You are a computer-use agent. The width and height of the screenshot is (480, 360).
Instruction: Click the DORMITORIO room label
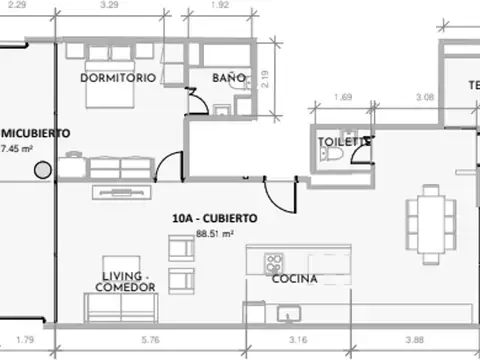point(118,77)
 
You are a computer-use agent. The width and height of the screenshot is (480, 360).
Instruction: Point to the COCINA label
point(295,280)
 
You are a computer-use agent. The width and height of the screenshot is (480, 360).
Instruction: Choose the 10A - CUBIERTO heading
point(215,217)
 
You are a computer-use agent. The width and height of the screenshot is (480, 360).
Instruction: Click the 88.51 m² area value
point(215,233)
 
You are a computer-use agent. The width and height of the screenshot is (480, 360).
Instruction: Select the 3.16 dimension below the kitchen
point(298,341)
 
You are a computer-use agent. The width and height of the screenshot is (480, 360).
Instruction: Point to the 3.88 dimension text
point(415,341)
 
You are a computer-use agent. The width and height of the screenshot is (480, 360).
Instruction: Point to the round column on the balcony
point(42,170)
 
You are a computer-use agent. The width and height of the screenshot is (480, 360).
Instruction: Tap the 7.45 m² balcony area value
point(17,148)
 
